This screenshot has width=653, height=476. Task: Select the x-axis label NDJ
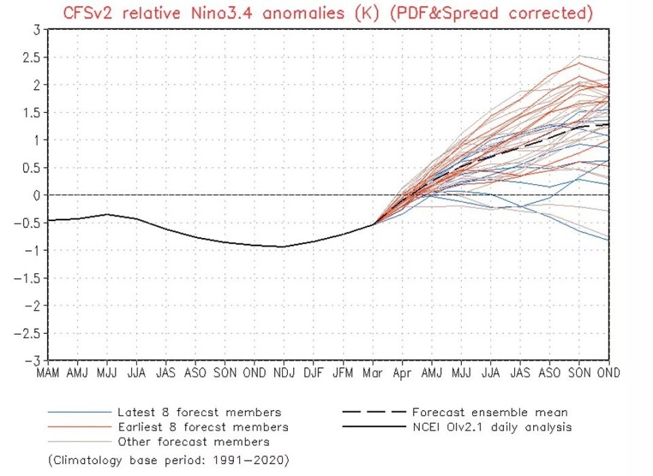pyautogui.click(x=284, y=373)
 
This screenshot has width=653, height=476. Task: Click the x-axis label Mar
pyautogui.click(x=373, y=373)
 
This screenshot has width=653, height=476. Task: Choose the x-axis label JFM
pyautogui.click(x=343, y=373)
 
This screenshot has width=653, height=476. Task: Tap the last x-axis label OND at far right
pyautogui.click(x=607, y=373)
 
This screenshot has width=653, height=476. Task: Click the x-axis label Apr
pyautogui.click(x=402, y=373)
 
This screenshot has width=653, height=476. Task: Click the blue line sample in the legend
pyautogui.click(x=78, y=412)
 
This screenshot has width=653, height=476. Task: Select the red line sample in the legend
pyautogui.click(x=78, y=427)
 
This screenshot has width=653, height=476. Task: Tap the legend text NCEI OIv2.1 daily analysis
pyautogui.click(x=492, y=427)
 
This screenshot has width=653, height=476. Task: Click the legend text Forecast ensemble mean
pyautogui.click(x=489, y=412)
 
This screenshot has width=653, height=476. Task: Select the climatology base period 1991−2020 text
pyautogui.click(x=169, y=460)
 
